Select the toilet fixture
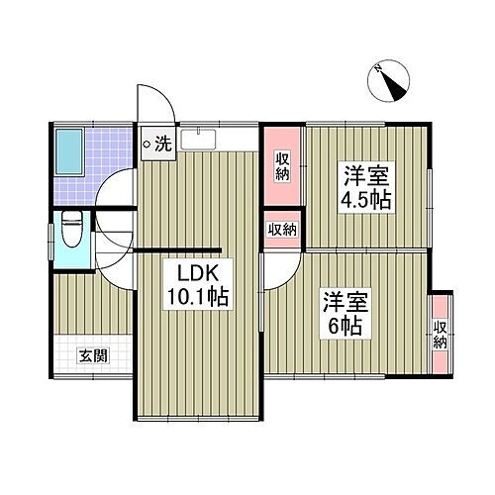tap(69, 234)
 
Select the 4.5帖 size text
tap(367, 201)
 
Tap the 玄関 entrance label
tap(95, 356)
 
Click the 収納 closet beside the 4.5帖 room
tap(282, 162)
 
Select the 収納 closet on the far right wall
tap(440, 335)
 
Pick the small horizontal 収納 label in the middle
tap(282, 230)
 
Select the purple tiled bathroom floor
tap(109, 148)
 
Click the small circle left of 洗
tap(148, 146)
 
